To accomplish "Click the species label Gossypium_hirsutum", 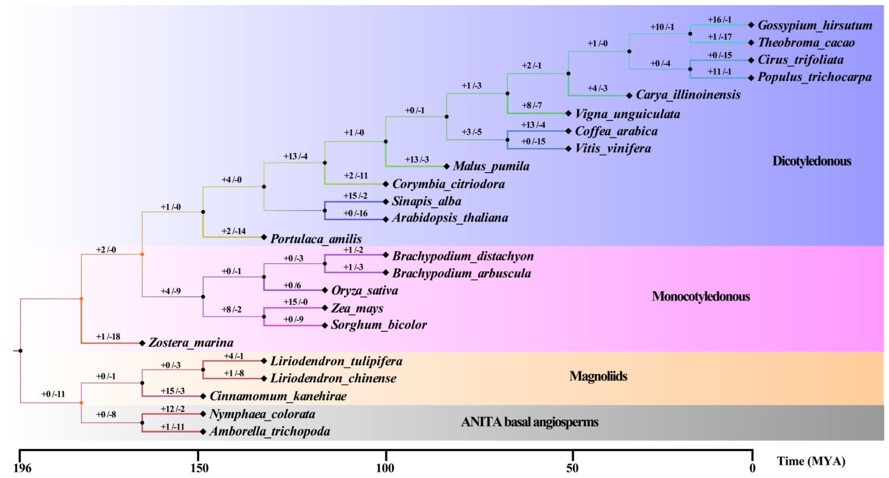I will (814, 25).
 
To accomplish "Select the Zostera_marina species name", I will (191, 343).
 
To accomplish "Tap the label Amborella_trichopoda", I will (270, 431).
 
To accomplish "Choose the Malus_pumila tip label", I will (491, 167).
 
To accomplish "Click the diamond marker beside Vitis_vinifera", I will (568, 149).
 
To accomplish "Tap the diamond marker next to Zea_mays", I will (325, 308).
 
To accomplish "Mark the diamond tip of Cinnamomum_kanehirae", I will (203, 396).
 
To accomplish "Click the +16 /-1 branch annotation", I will (720, 20).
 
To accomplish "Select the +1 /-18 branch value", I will (108, 337).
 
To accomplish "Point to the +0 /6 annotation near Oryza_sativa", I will (292, 286).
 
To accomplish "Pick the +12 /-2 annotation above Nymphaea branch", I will (173, 409).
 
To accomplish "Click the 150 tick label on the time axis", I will (199, 468).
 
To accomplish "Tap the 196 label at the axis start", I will (22, 468).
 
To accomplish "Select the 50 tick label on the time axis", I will (572, 468).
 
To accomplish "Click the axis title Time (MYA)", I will (811, 461).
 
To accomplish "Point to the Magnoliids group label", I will (598, 376).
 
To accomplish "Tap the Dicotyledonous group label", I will (811, 161).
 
